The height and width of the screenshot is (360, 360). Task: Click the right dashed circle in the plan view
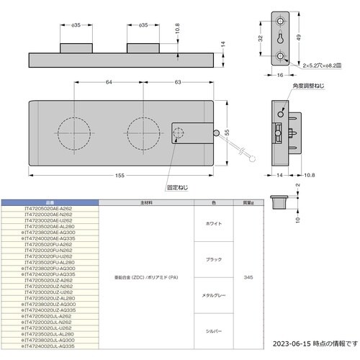click(141, 134)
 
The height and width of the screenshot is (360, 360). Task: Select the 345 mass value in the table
click(247, 277)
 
